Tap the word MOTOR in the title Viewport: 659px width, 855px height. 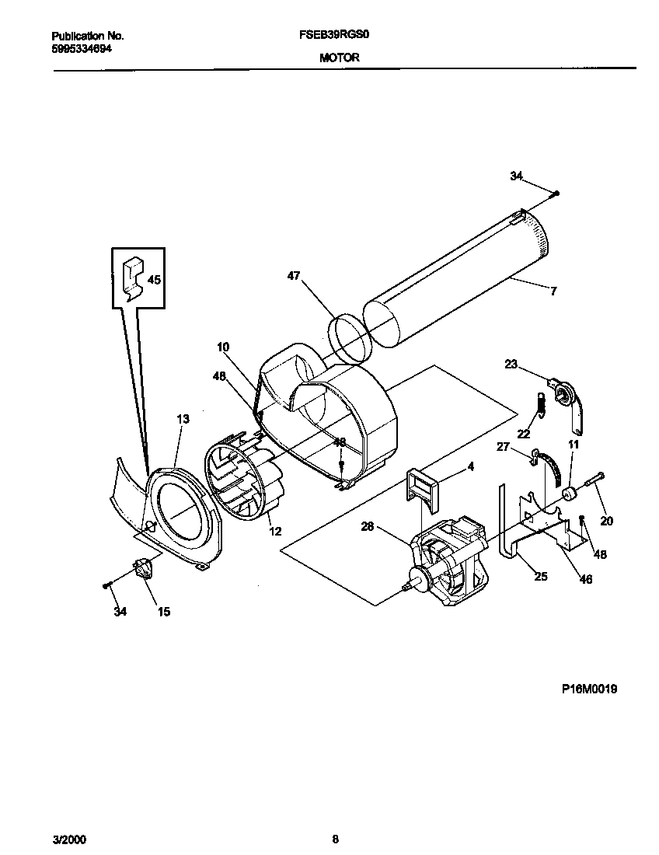coord(339,58)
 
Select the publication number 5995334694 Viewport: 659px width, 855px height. coord(82,48)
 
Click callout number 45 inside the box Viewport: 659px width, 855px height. coord(154,280)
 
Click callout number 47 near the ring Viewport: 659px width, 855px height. coord(293,275)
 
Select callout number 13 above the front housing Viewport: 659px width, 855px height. coord(183,419)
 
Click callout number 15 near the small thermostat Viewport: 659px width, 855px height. coord(164,612)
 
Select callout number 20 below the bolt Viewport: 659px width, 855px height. coord(606,521)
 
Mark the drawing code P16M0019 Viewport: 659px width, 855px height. coord(590,689)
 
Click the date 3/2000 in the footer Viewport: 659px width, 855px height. coord(69,839)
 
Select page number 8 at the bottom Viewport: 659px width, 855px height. coord(335,839)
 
